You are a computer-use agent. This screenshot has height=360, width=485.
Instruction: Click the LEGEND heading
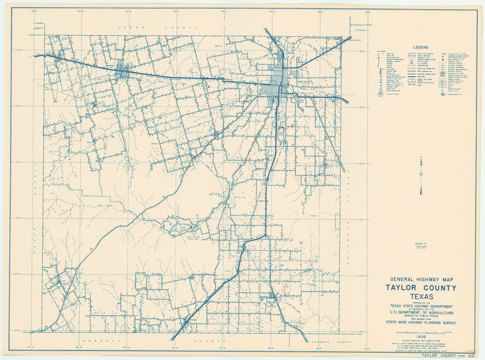[420, 47]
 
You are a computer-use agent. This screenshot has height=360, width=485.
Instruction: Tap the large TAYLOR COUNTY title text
[420, 287]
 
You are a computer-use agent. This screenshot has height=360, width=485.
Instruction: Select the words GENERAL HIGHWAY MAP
[420, 279]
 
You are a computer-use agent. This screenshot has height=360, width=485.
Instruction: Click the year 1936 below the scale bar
[420, 337]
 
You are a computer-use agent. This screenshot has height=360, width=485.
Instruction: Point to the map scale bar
[420, 332]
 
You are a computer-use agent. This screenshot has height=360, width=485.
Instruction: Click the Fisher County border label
[38, 23]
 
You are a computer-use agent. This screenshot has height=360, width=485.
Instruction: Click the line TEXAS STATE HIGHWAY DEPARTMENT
[420, 307]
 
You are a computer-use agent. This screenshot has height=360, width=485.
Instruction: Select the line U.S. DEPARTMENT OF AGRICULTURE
[420, 314]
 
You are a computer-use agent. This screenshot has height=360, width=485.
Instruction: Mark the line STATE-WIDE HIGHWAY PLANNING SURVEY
[420, 323]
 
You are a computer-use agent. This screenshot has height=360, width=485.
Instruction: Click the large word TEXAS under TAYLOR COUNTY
[420, 297]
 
